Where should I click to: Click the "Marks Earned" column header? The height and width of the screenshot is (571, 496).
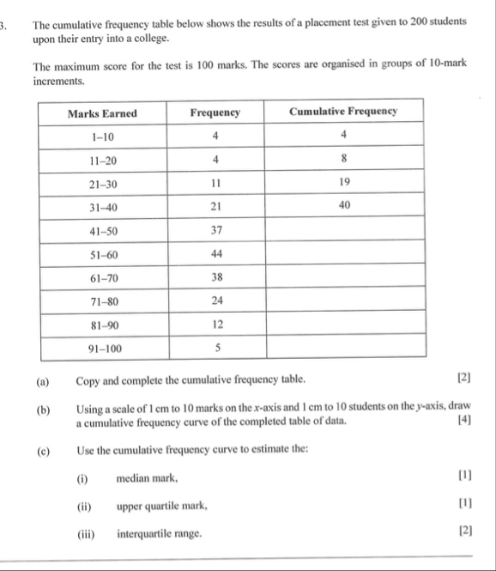click(x=102, y=112)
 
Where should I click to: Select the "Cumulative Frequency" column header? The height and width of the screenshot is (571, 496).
click(x=343, y=112)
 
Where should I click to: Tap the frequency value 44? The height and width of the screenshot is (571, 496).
click(x=215, y=254)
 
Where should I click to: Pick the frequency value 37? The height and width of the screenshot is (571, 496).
click(x=215, y=230)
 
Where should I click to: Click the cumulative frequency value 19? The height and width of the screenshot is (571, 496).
click(x=343, y=183)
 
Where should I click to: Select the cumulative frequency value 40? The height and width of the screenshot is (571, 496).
click(x=343, y=206)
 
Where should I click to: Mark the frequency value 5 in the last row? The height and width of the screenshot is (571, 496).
click(x=218, y=348)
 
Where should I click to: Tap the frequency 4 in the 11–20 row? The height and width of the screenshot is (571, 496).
click(x=215, y=159)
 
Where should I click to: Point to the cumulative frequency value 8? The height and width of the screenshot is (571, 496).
click(x=343, y=159)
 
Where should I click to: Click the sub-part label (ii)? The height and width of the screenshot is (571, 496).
click(x=84, y=506)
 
